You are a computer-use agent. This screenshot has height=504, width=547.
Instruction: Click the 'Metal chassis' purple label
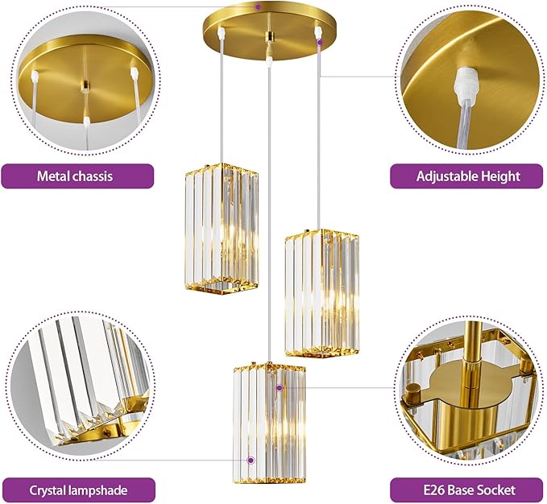(77, 176)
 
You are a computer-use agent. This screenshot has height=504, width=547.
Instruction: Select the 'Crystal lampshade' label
(78, 490)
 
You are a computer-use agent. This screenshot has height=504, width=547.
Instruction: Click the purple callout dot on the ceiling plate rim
(258, 6)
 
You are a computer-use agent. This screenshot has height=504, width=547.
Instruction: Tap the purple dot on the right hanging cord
(320, 43)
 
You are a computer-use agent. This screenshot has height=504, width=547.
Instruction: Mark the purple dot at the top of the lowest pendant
(279, 387)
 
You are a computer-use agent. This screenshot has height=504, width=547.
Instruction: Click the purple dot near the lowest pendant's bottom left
(250, 460)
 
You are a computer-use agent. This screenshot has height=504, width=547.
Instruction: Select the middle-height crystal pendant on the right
(321, 294)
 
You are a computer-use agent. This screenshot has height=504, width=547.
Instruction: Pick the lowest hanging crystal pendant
(269, 423)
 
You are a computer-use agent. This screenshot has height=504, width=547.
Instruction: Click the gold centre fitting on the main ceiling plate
(269, 36)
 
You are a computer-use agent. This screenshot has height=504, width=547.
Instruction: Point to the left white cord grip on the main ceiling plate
(221, 33)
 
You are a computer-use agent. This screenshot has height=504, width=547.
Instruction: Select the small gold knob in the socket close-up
(413, 392)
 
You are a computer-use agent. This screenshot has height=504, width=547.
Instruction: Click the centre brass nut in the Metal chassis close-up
(85, 85)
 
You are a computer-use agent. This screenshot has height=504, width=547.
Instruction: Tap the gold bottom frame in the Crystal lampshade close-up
(102, 431)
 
